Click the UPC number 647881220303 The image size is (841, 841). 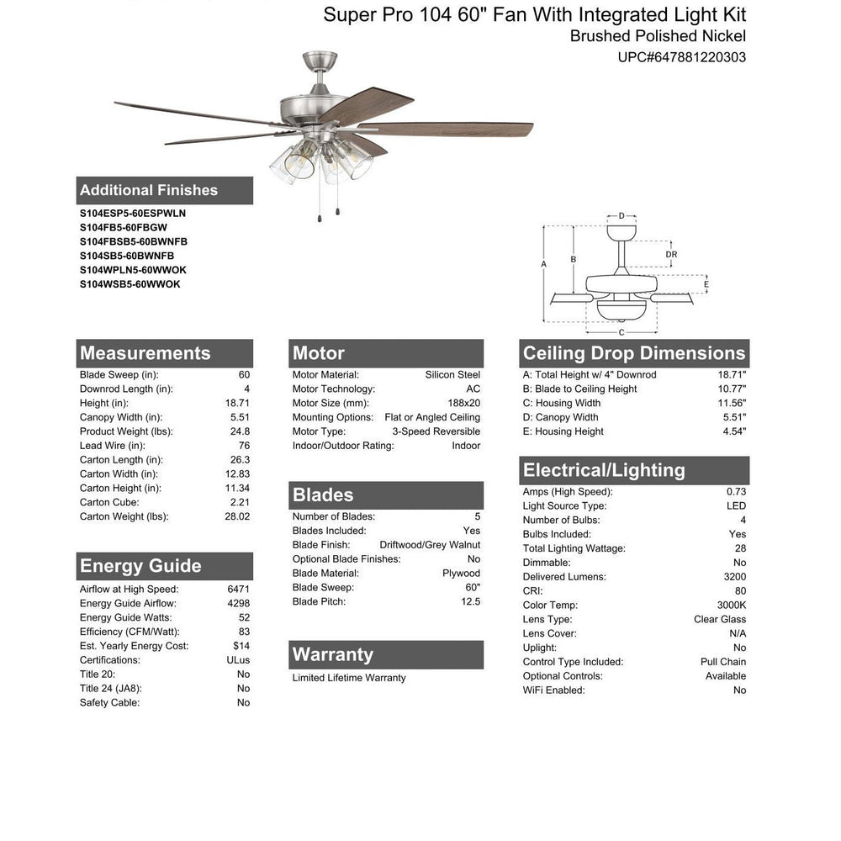[682, 57]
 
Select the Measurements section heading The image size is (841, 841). [145, 353]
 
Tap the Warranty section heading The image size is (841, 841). [332, 654]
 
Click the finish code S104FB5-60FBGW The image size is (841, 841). [124, 227]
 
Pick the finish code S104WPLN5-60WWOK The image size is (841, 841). [133, 270]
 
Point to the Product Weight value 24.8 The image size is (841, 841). [241, 431]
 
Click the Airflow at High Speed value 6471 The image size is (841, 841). [238, 590]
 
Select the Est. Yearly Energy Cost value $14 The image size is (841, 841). [242, 646]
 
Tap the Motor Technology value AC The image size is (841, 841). [473, 389]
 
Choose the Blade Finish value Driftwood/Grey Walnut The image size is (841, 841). [430, 545]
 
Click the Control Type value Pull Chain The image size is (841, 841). [723, 662]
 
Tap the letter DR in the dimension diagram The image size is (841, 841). [671, 255]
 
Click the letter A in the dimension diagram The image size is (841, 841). [543, 264]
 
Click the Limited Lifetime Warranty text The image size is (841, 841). [349, 678]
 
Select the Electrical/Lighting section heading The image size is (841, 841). [604, 470]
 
